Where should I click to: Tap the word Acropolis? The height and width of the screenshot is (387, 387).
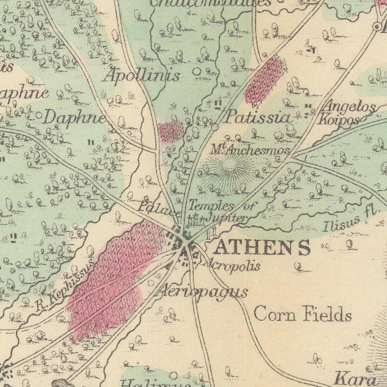click(x=232, y=266)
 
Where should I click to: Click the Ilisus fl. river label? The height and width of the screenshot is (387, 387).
click(x=351, y=220)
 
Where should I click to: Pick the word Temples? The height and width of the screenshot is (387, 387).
click(x=211, y=206)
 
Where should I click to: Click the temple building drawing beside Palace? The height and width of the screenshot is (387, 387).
click(x=196, y=219)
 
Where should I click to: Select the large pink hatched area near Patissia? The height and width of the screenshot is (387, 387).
click(x=266, y=80)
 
